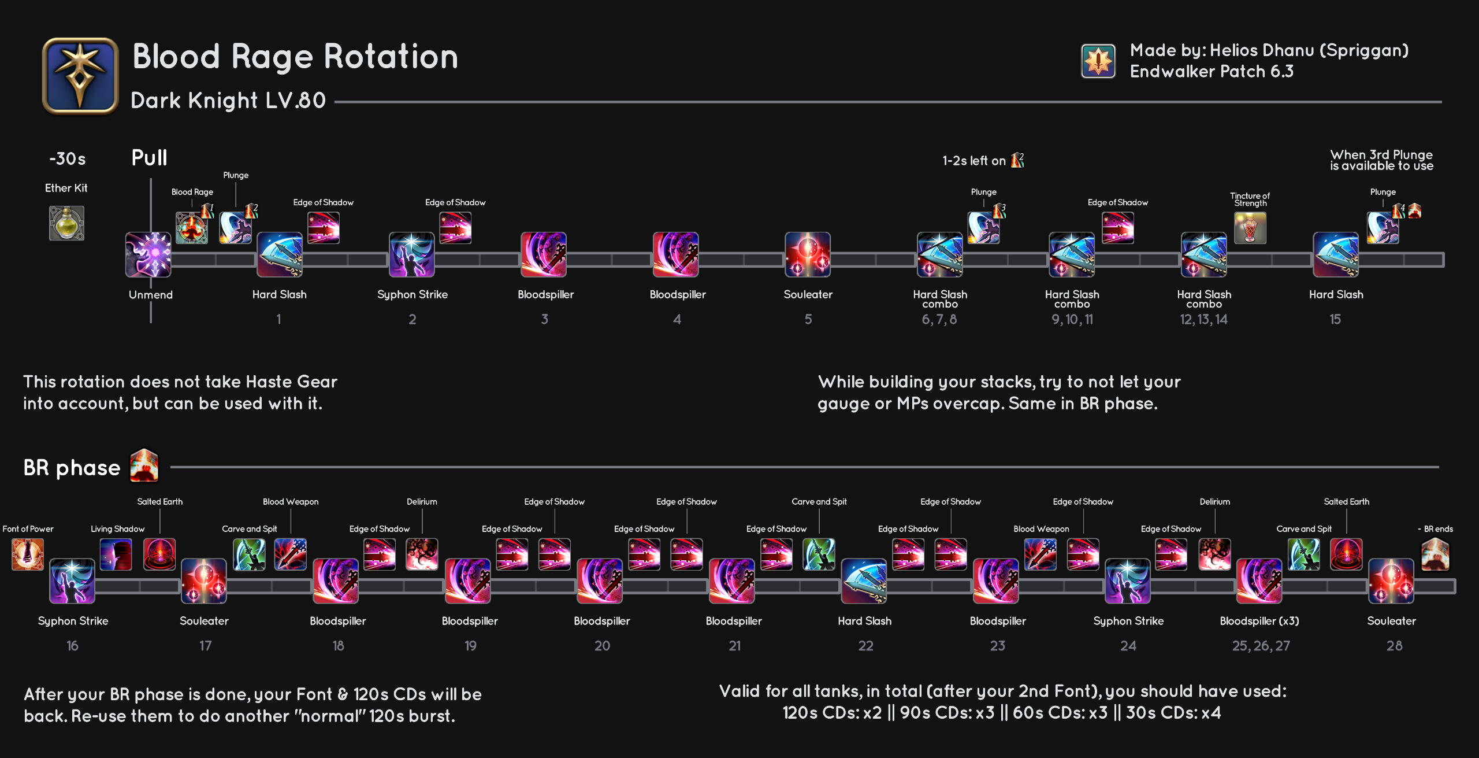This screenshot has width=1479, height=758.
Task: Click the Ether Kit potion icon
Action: [66, 223]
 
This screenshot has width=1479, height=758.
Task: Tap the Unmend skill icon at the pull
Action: [148, 255]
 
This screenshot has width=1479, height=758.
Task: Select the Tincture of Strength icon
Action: [1250, 228]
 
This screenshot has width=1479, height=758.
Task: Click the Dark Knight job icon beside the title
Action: [80, 76]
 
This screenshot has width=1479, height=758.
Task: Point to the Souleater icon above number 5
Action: [808, 255]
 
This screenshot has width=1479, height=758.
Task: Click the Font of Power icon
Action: [28, 554]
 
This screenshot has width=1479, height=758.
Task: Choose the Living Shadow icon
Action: [116, 554]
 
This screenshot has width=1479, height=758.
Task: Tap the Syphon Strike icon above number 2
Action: [412, 255]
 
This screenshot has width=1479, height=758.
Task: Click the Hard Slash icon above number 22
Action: [864, 581]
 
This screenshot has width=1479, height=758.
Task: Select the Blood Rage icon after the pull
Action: [192, 228]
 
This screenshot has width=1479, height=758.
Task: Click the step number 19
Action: [470, 646]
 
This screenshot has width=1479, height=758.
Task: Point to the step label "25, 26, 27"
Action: [1261, 646]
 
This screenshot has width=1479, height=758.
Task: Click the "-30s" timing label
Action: [68, 159]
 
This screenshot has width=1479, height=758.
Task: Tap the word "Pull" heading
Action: [149, 158]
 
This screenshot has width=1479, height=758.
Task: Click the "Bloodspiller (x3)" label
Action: [1259, 621]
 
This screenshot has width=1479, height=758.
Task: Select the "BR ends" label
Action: [1438, 529]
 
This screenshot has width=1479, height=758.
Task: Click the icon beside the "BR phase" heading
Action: [144, 466]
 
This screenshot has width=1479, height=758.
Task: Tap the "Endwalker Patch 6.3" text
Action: [1212, 72]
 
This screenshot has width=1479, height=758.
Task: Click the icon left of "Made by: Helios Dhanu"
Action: [1098, 61]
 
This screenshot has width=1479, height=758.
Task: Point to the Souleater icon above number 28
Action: [1391, 581]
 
